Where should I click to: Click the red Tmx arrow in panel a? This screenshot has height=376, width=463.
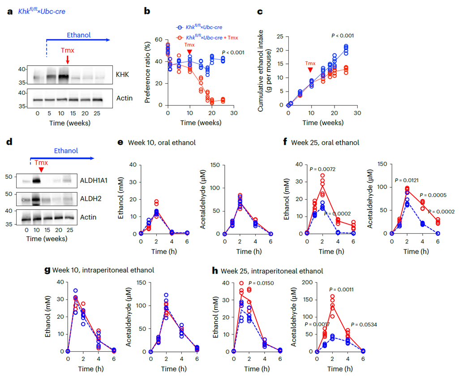pos(67,59)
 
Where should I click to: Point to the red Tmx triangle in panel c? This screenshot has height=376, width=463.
pos(309,71)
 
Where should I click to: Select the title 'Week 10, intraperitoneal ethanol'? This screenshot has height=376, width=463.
pos(103,270)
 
